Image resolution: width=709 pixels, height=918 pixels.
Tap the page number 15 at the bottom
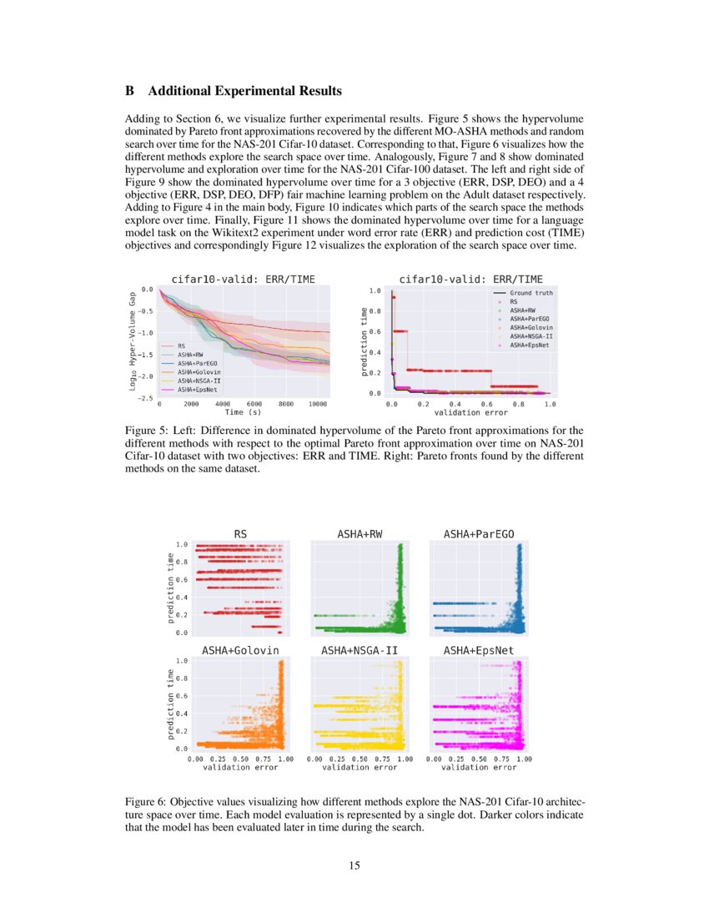pyautogui.click(x=354, y=865)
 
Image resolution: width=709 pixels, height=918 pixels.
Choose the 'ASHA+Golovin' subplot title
pyautogui.click(x=240, y=649)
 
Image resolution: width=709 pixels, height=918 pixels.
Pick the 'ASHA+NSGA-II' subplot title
pyautogui.click(x=359, y=649)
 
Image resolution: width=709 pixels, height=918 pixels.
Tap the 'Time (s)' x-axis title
pyautogui.click(x=243, y=411)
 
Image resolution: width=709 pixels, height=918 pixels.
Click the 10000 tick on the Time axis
pyautogui.click(x=317, y=403)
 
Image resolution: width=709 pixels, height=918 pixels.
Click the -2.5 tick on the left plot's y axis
pyautogui.click(x=147, y=398)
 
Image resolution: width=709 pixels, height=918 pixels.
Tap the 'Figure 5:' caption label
pyautogui.click(x=147, y=428)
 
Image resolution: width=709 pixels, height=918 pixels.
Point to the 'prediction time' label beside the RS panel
pyautogui.click(x=170, y=589)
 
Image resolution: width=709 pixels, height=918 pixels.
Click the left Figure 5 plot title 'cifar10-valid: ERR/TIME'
pyautogui.click(x=243, y=279)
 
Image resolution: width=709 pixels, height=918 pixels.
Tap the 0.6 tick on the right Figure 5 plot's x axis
pyautogui.click(x=486, y=403)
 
